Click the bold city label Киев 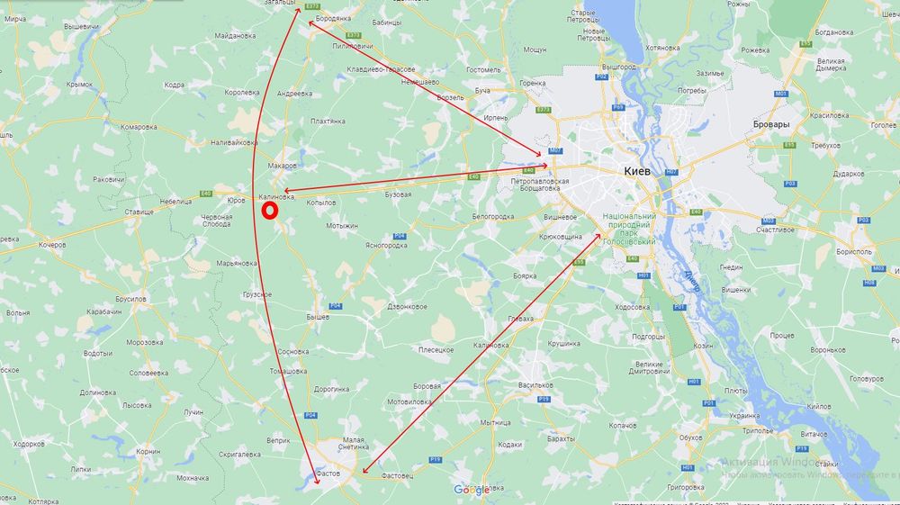click(643, 170)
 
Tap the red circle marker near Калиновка click(269, 211)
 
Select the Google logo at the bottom click(472, 490)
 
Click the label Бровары click(771, 124)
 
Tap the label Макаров click(282, 166)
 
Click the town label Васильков click(535, 383)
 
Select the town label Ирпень click(496, 118)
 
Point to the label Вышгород click(619, 67)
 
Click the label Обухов click(690, 437)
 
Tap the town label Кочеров click(52, 244)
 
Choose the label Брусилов click(130, 297)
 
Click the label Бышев click(319, 317)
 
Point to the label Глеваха click(520, 319)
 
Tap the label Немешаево click(419, 80)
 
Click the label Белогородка click(492, 217)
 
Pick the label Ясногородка click(386, 245)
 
